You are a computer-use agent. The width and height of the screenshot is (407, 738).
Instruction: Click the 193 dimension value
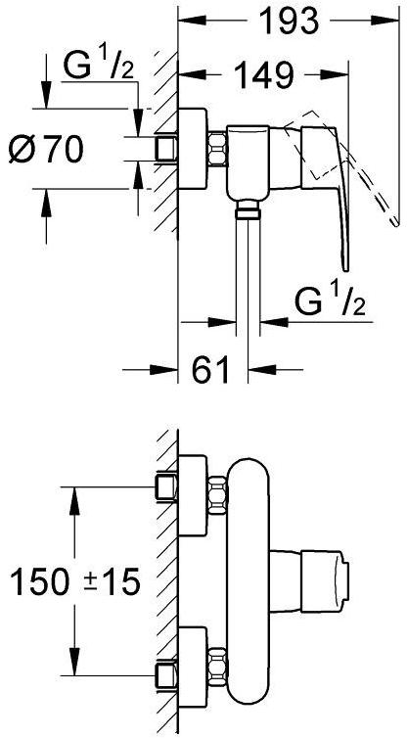289,20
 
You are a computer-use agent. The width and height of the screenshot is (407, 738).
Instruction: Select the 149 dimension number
263,74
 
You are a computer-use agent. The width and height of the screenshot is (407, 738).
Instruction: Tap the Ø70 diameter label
46,150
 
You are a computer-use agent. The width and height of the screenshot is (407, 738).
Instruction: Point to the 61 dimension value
210,369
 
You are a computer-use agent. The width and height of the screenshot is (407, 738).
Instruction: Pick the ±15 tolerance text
113,580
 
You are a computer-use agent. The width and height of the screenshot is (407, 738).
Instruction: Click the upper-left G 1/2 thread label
99,67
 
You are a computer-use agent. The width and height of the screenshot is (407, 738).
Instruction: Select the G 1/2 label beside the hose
331,302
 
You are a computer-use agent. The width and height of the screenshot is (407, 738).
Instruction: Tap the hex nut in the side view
217,149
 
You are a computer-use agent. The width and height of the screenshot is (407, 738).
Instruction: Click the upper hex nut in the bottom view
217,495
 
